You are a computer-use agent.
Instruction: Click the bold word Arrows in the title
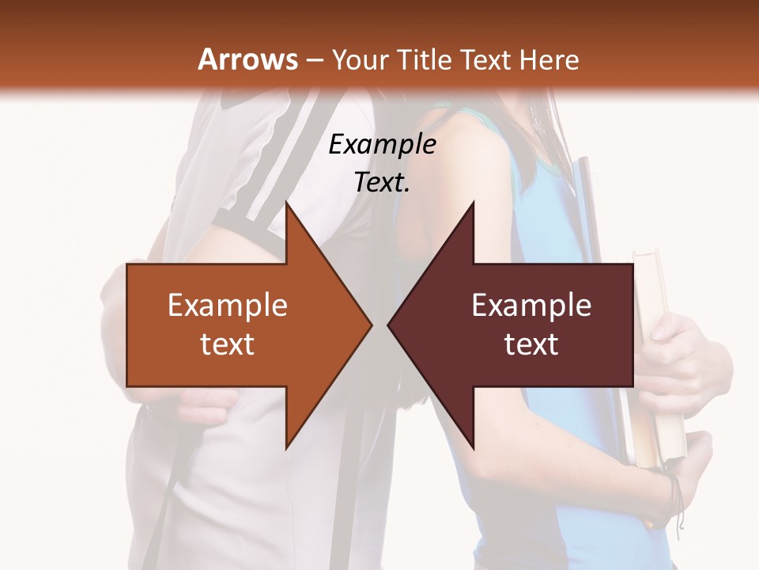tap(247, 59)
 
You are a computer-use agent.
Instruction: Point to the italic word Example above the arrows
tap(382, 144)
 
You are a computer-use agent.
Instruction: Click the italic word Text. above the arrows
tap(382, 182)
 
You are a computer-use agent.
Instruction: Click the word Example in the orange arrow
tap(228, 306)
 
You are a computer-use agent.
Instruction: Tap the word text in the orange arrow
tap(228, 344)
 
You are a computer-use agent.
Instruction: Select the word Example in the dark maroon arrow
tap(531, 306)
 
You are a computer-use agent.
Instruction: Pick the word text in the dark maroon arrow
tap(531, 344)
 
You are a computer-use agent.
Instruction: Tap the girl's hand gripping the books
tap(672, 348)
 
